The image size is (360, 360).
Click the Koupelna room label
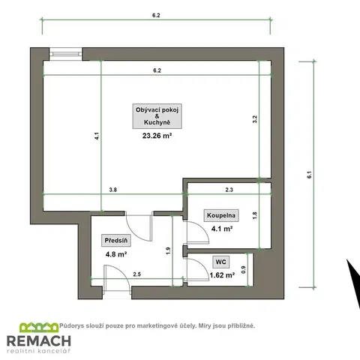[221, 215]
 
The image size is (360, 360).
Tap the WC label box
[220, 262]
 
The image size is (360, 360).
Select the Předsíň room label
[116, 241]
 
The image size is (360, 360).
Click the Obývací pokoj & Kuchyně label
[157, 116]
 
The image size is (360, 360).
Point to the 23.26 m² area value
[157, 136]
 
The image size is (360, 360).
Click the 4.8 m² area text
[116, 254]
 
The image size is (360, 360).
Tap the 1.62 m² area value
[222, 275]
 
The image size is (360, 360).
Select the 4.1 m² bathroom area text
[222, 229]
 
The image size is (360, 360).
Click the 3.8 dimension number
[113, 190]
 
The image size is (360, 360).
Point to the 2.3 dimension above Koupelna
[229, 190]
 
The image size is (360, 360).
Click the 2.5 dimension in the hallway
[137, 274]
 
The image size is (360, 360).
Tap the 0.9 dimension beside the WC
[244, 269]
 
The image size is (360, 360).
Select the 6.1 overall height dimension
[310, 175]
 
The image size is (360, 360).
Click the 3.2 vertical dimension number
[255, 119]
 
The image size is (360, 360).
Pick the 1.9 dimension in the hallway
[168, 250]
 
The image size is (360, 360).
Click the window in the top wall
[65, 54]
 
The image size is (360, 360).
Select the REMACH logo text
[39, 341]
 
